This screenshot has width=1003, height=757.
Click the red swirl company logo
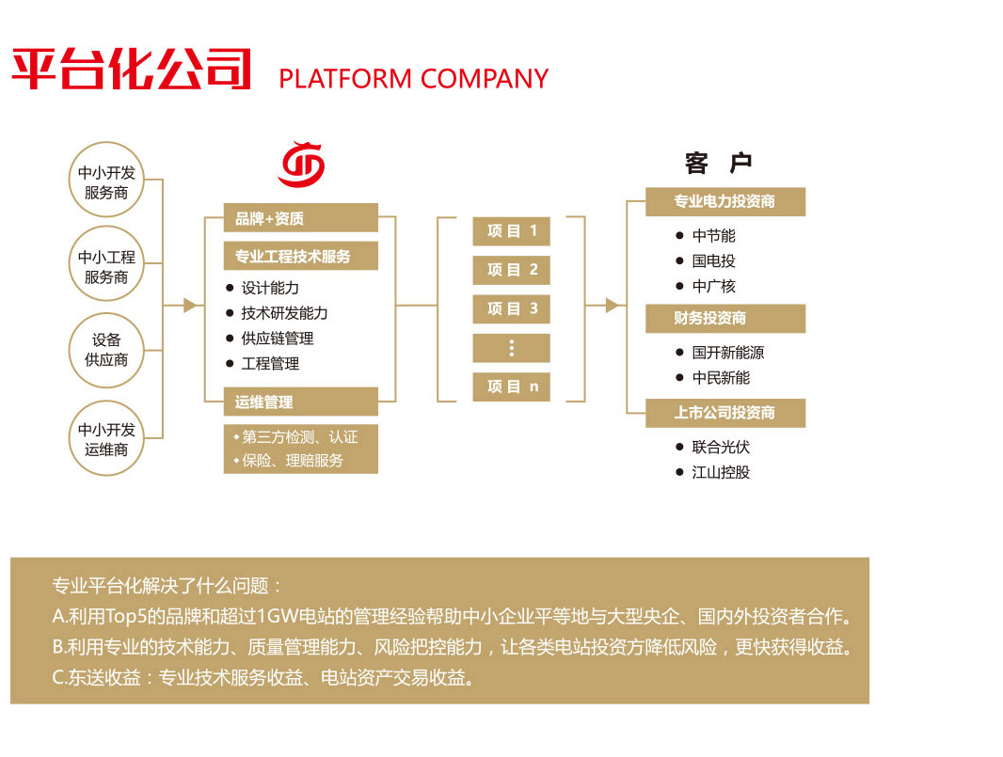pos(301,164)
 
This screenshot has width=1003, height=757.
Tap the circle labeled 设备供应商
pos(106,350)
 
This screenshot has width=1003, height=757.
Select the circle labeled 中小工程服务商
pos(106,267)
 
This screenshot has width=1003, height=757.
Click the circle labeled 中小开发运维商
pos(106,439)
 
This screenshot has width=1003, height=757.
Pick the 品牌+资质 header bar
pos(300,218)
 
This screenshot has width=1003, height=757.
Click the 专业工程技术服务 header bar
pos(300,256)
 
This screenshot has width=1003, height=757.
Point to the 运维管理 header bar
pos(300,402)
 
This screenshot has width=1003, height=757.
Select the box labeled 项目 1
pos(511,231)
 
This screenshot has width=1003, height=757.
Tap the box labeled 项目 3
pos(511,308)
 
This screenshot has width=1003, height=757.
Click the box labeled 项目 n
pos(511,386)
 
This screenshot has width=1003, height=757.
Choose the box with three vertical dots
pos(511,348)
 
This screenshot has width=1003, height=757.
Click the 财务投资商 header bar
pos(724,319)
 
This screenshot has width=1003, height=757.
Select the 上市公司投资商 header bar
pos(724,413)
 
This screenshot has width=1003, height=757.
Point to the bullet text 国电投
pos(713,261)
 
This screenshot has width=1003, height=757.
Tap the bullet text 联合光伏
pos(721,448)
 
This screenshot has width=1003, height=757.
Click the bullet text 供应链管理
pos(277,339)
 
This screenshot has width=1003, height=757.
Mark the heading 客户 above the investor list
pos(719,164)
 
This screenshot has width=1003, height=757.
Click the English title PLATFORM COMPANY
pos(413,79)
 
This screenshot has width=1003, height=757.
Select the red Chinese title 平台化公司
pos(132,68)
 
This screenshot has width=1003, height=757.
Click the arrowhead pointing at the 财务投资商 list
pos(613,305)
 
